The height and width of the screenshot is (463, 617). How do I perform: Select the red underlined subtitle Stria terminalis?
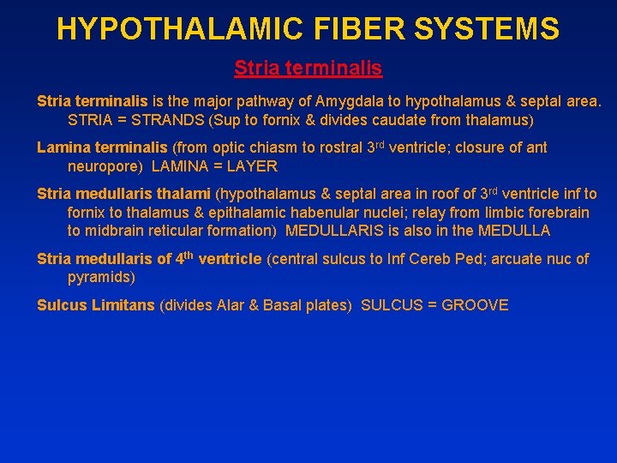pos(308,67)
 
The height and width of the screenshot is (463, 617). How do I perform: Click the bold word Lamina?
pos(62,147)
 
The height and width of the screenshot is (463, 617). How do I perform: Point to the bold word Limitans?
pos(127,305)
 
